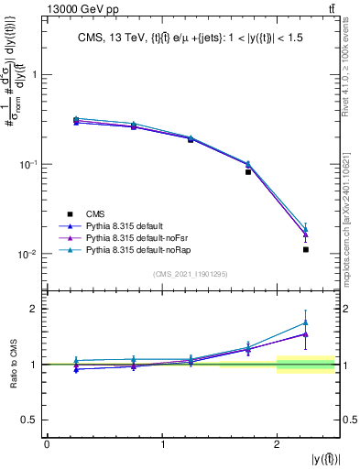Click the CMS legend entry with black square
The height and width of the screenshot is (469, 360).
[x=84, y=214]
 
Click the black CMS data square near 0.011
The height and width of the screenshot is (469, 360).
[x=306, y=249]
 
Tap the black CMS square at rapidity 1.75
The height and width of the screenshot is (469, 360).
[x=248, y=171]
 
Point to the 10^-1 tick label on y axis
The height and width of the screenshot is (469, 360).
[x=29, y=165]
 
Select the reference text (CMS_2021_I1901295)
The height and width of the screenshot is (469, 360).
[x=190, y=274]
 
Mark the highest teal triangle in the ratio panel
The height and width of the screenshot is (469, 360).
[x=306, y=322]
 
